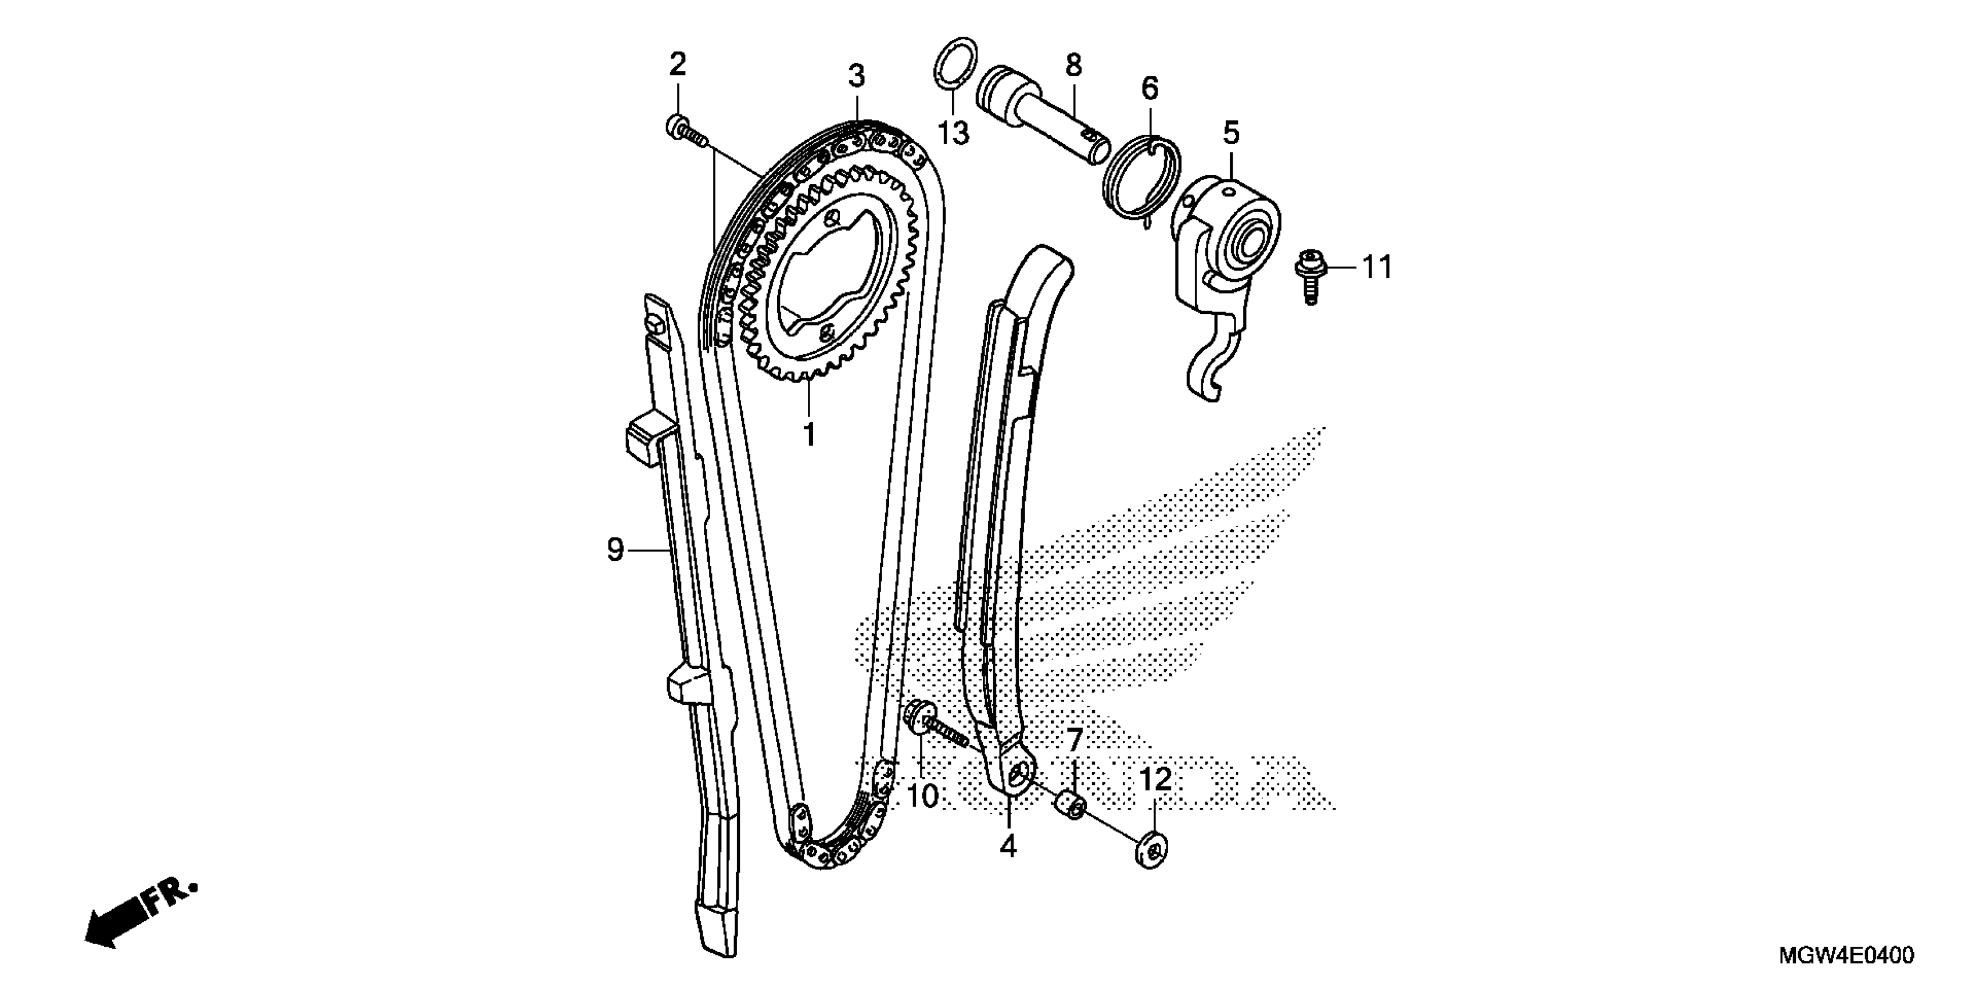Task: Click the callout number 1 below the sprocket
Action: (808, 434)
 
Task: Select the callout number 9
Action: (615, 549)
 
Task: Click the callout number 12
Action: (1156, 780)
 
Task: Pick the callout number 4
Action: (1008, 846)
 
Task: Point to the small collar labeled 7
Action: (1072, 806)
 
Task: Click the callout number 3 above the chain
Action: (856, 76)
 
